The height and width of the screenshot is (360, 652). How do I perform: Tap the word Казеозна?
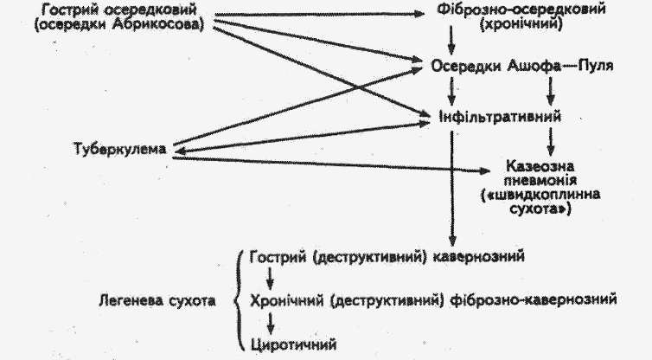click(541, 165)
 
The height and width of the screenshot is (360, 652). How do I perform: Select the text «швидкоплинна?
click(542, 195)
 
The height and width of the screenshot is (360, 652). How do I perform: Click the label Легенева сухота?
click(163, 301)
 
